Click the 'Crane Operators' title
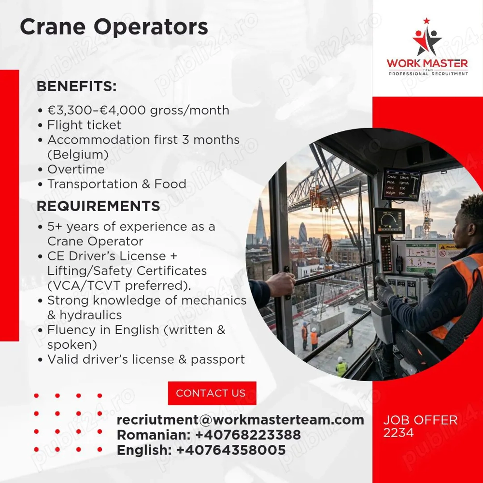pyautogui.click(x=114, y=27)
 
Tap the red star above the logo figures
pyautogui.click(x=426, y=21)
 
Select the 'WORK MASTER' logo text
pyautogui.click(x=427, y=63)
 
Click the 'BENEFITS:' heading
pyautogui.click(x=77, y=86)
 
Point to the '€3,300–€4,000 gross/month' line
pyautogui.click(x=138, y=110)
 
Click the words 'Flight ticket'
pyautogui.click(x=84, y=125)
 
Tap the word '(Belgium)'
pyautogui.click(x=78, y=155)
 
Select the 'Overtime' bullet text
pyautogui.click(x=76, y=169)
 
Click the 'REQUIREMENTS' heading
pyautogui.click(x=98, y=206)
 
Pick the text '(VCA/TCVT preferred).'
pyautogui.click(x=119, y=285)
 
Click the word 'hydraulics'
pyautogui.click(x=91, y=315)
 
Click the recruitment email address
pyautogui.click(x=240, y=420)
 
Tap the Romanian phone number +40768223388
pyautogui.click(x=248, y=435)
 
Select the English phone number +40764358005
pyautogui.click(x=231, y=450)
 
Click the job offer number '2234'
pyautogui.click(x=398, y=433)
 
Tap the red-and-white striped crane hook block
pyautogui.click(x=327, y=244)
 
